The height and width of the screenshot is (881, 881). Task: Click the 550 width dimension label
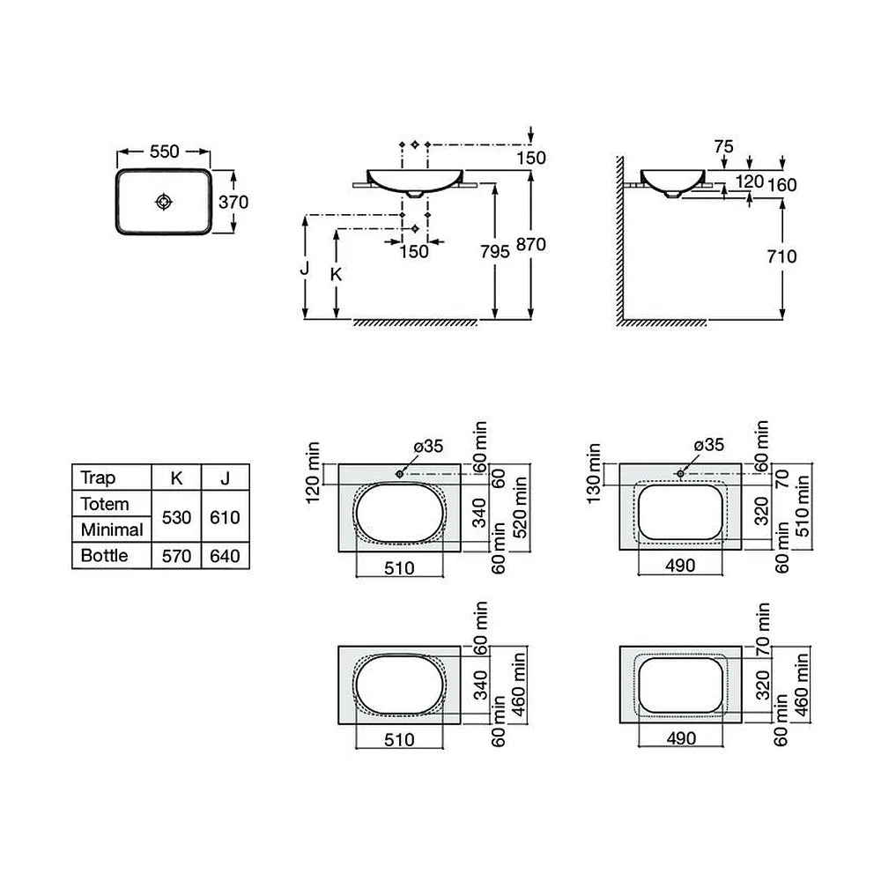point(164,152)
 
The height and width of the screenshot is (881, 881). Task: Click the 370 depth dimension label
point(233,202)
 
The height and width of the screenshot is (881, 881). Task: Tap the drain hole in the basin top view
point(164,202)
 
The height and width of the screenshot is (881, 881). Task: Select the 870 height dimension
point(531,244)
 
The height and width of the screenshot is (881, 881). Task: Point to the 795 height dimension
point(494,251)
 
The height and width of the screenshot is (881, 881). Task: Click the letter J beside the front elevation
point(305,268)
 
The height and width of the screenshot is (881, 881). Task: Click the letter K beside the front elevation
point(336,274)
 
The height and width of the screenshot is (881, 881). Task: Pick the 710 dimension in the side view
point(781,256)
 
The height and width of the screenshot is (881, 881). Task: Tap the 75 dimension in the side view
point(723,146)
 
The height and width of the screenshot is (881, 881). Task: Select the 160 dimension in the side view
point(782,185)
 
